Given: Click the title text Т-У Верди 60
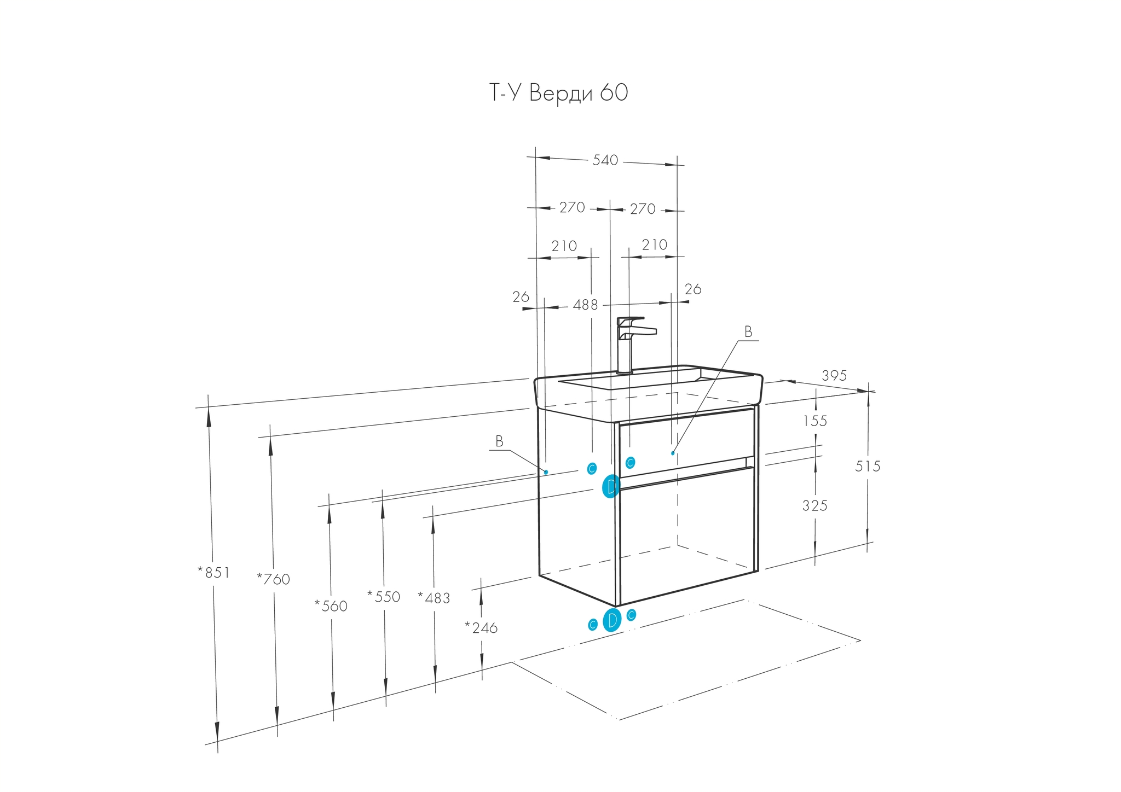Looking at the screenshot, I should tap(558, 93).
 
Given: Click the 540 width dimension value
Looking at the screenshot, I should tap(605, 160).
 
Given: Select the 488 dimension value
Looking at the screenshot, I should tap(585, 305).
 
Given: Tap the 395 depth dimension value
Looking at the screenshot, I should tap(834, 375).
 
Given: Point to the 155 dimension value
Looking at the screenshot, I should tap(815, 421).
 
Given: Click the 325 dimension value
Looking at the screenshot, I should tap(814, 506).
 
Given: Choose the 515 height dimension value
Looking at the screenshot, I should tap(868, 466).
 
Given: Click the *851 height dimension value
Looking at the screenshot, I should tap(213, 573).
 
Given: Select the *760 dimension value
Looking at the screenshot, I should tap(273, 579).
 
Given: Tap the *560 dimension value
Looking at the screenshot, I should tap(331, 606).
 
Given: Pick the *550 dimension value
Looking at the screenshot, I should tap(384, 597).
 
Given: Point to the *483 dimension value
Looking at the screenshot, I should tap(434, 598).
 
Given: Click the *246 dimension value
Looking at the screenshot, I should tap(481, 628).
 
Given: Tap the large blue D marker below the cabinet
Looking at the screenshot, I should tap(612, 620).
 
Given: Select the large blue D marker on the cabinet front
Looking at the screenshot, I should tap(611, 486).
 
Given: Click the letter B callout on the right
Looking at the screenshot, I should tap(748, 332).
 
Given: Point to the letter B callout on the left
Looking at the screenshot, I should tap(499, 441).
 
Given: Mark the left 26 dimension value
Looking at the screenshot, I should tap(521, 297).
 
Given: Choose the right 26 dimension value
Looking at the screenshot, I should tap(692, 289).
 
